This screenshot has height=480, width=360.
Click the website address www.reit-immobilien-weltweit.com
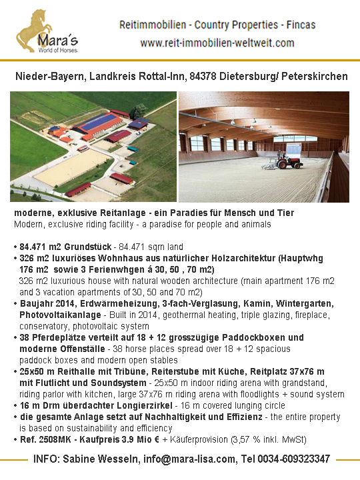[217, 43]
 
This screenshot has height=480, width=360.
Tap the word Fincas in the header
[301, 25]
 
